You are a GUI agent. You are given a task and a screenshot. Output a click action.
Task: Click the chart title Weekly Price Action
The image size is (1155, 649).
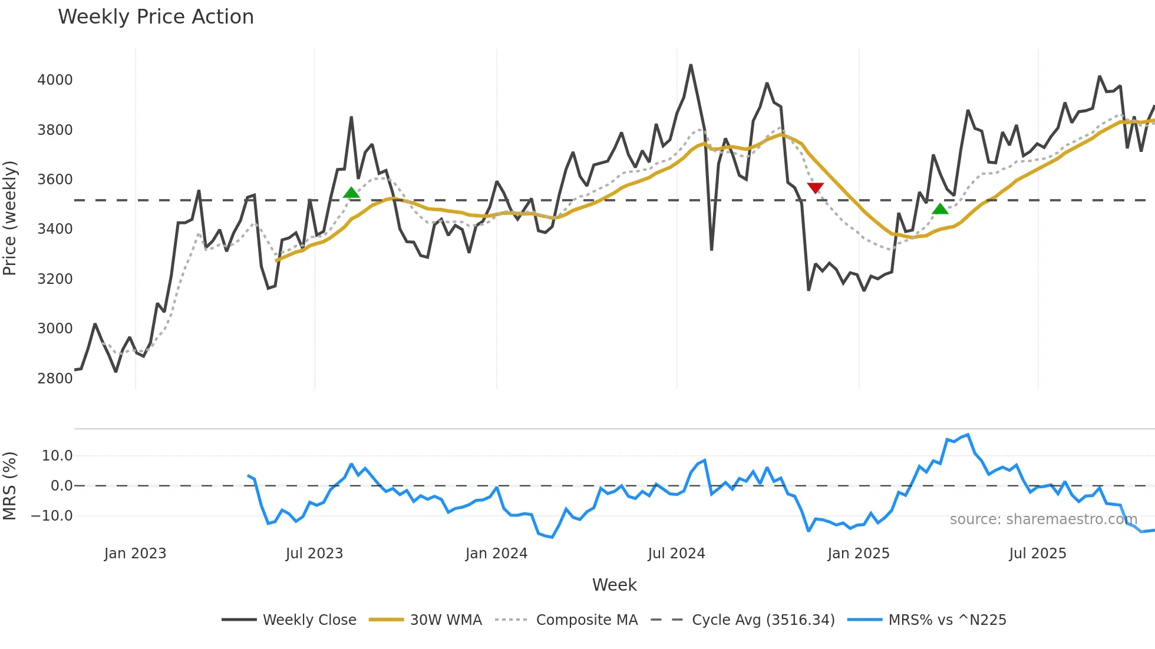click(156, 17)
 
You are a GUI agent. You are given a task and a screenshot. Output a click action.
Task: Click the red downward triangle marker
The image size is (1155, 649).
click(815, 188)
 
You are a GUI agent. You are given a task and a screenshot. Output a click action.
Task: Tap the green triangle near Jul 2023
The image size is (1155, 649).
click(351, 193)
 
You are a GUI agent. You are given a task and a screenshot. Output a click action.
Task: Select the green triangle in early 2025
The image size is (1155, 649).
click(940, 208)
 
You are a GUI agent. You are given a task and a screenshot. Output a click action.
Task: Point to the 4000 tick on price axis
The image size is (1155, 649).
click(55, 80)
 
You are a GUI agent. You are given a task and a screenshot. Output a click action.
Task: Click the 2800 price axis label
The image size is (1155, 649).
click(55, 378)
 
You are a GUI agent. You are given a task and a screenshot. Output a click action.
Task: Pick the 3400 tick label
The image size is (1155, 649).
click(55, 229)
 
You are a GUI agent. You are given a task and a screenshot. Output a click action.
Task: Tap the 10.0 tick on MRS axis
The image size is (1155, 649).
click(57, 455)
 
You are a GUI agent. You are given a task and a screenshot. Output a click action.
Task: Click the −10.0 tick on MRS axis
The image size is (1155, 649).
click(52, 516)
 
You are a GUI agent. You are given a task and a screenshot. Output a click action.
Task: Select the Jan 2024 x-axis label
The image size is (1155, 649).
click(496, 554)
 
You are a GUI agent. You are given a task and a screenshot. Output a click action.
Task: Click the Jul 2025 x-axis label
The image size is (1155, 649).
click(1037, 554)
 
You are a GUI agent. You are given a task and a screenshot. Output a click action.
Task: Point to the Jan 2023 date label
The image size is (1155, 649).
click(135, 554)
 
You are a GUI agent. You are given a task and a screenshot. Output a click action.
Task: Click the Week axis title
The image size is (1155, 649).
click(614, 585)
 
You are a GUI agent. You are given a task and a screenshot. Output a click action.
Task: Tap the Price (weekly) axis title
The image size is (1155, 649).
click(10, 218)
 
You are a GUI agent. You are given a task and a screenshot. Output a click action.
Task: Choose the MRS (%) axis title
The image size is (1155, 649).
click(10, 486)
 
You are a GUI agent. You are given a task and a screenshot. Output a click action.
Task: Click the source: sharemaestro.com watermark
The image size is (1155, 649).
click(1043, 519)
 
